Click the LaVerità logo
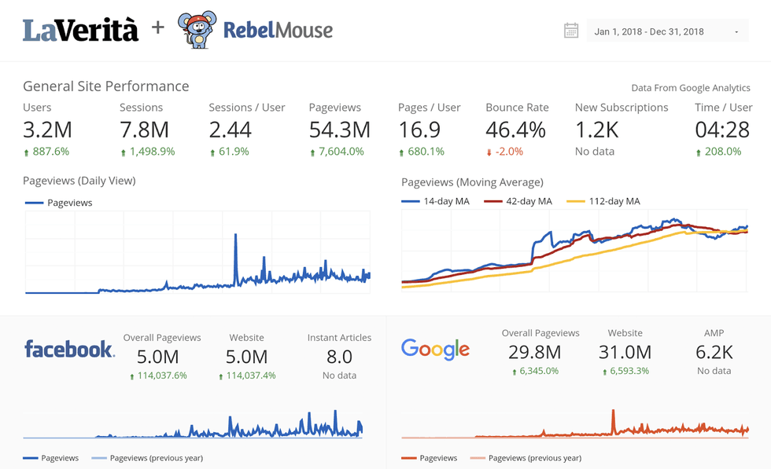[80, 30]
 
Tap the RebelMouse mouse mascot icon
[196, 30]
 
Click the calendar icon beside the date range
[571, 31]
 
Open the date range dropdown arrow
[736, 32]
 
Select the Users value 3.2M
[47, 129]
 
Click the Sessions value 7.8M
[145, 129]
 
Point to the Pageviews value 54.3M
[339, 129]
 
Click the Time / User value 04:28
[723, 129]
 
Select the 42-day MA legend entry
[518, 201]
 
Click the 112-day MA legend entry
[603, 201]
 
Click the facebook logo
[69, 349]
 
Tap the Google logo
[435, 349]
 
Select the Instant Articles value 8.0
[339, 357]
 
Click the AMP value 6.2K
[714, 352]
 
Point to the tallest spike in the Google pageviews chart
[613, 411]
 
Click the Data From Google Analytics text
[690, 88]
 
